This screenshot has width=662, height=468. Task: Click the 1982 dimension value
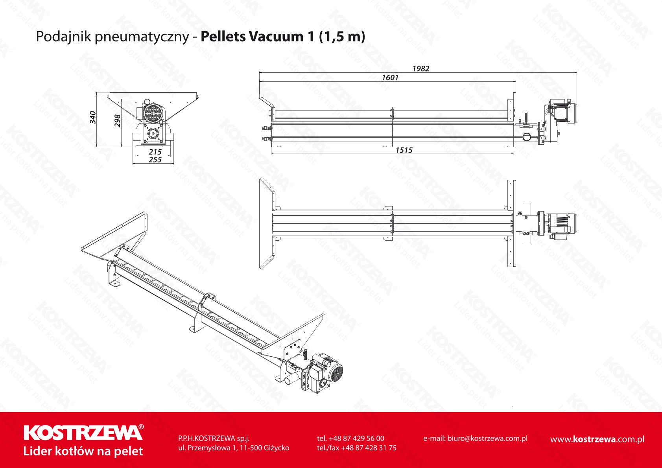(x=421, y=68)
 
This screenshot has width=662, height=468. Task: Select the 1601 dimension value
(x=390, y=78)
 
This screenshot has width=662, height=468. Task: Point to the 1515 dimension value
(x=404, y=150)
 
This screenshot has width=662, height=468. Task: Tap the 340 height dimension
(x=93, y=117)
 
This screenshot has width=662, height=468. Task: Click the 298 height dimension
(x=117, y=121)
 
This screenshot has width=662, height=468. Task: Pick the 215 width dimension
(x=155, y=152)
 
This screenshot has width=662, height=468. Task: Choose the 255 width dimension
(x=155, y=160)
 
